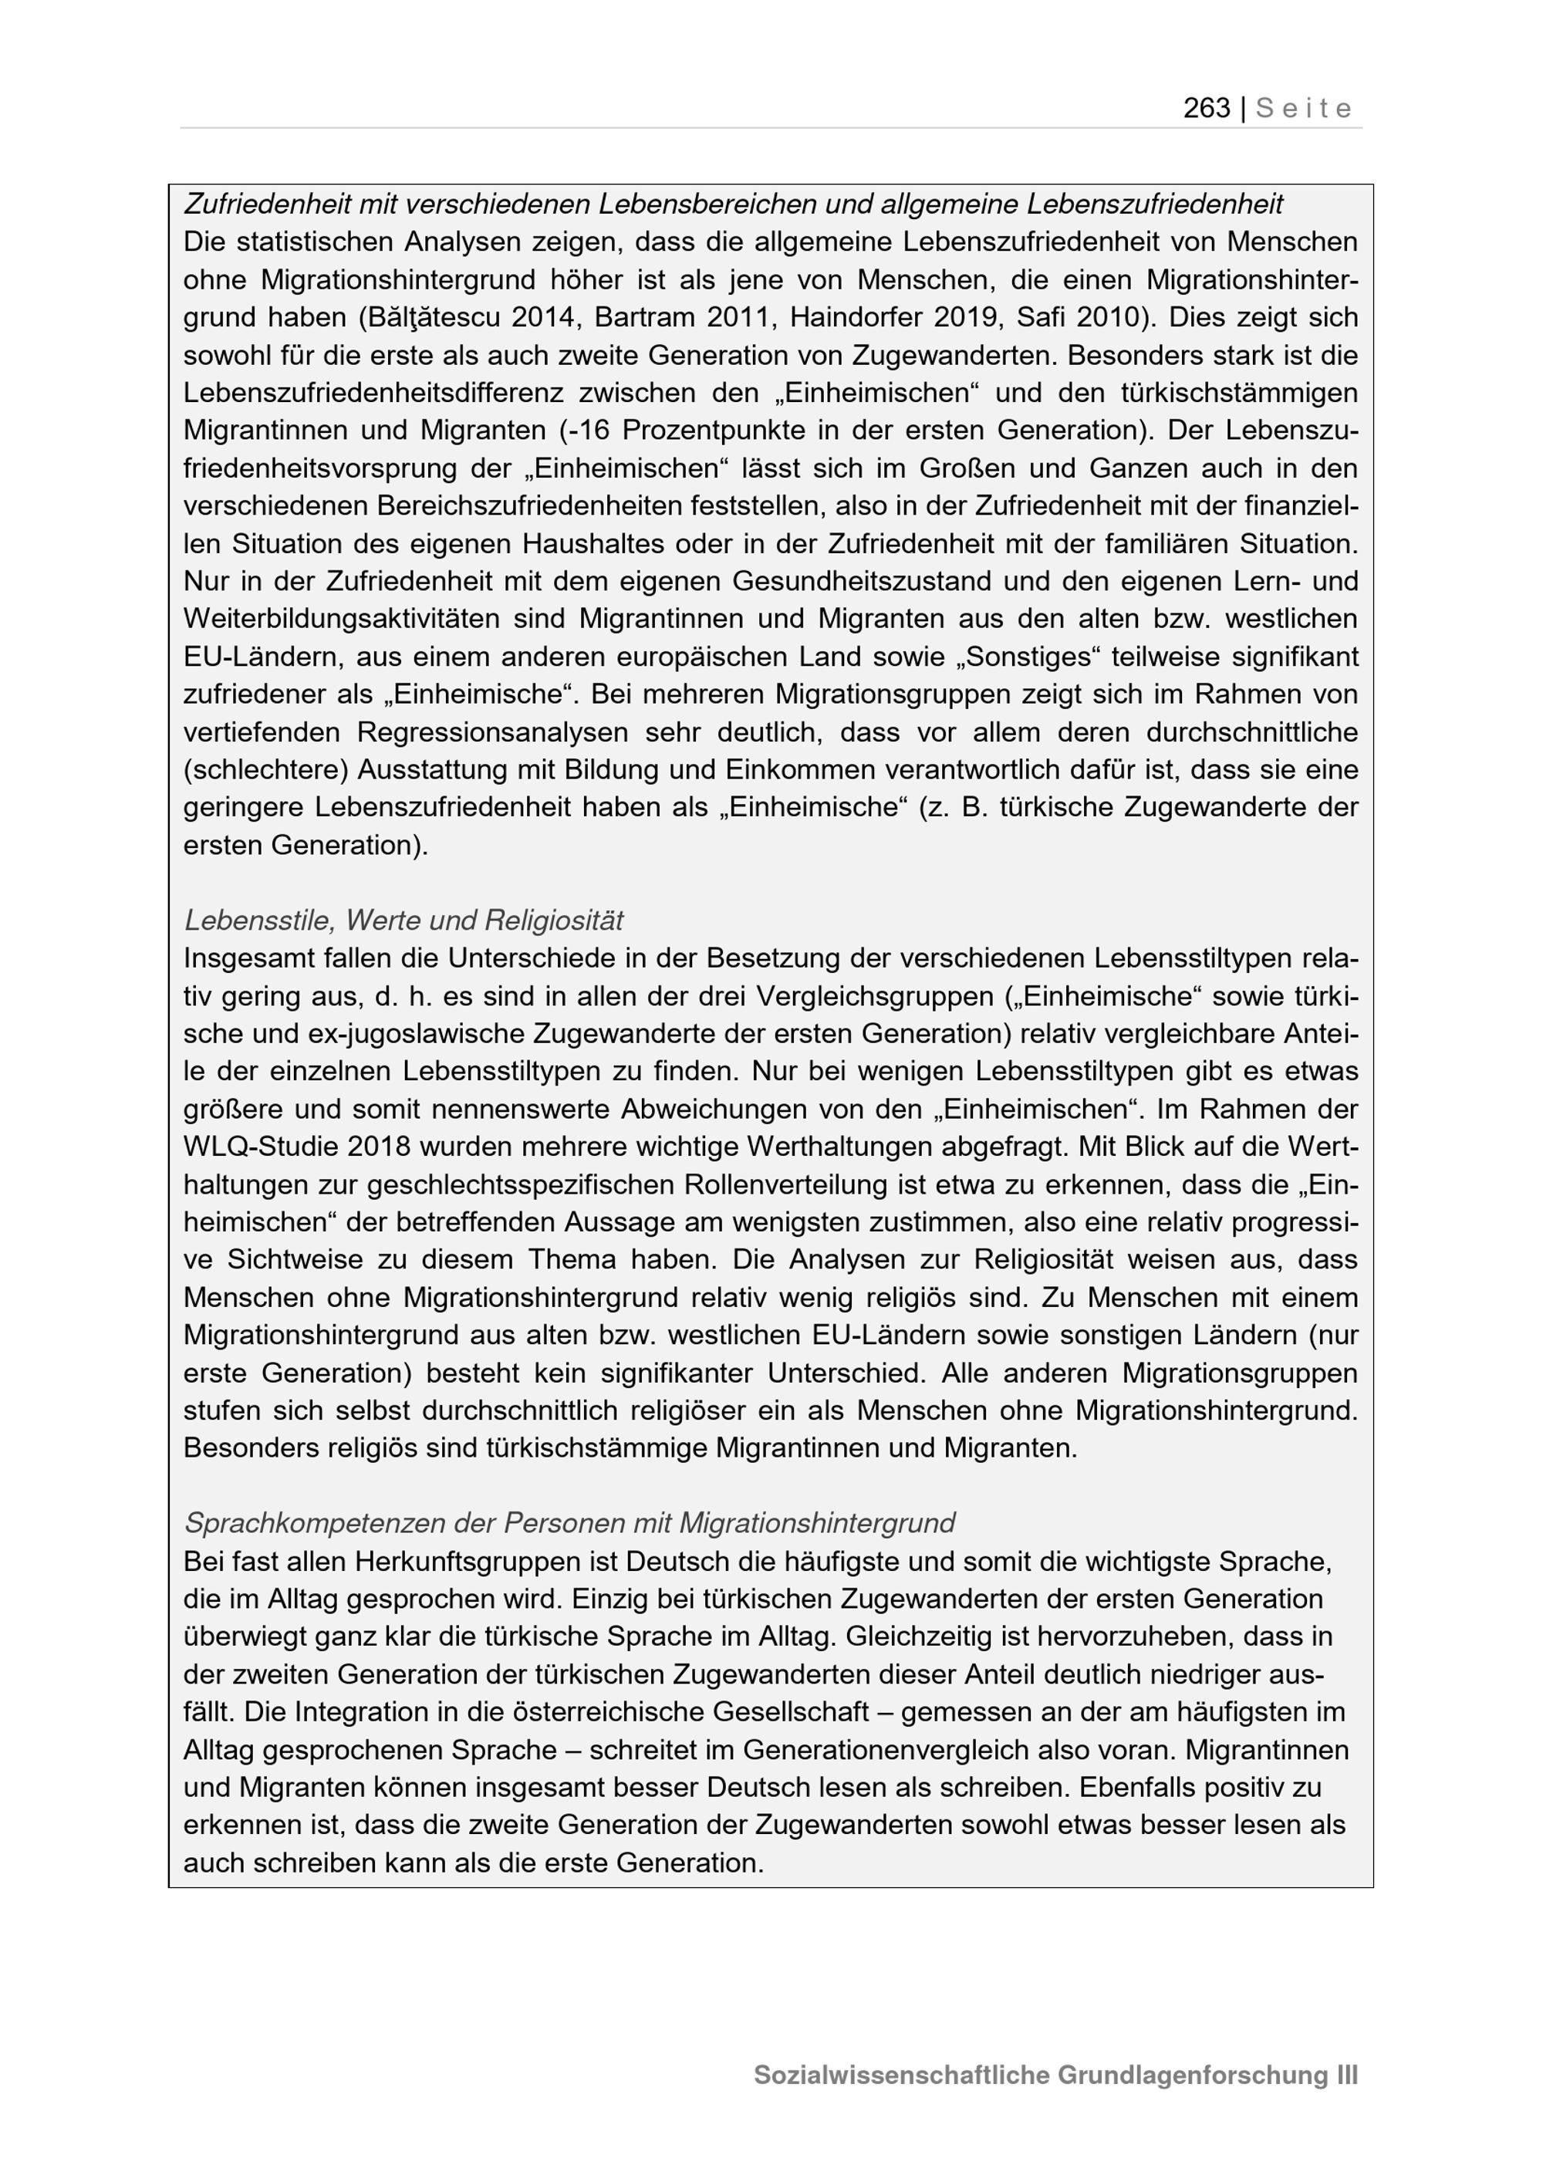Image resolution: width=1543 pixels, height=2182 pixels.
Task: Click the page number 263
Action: (1206, 108)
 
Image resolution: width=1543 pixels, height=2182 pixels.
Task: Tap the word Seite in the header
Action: (1304, 108)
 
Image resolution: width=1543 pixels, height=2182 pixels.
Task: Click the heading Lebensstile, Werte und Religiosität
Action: (403, 920)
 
